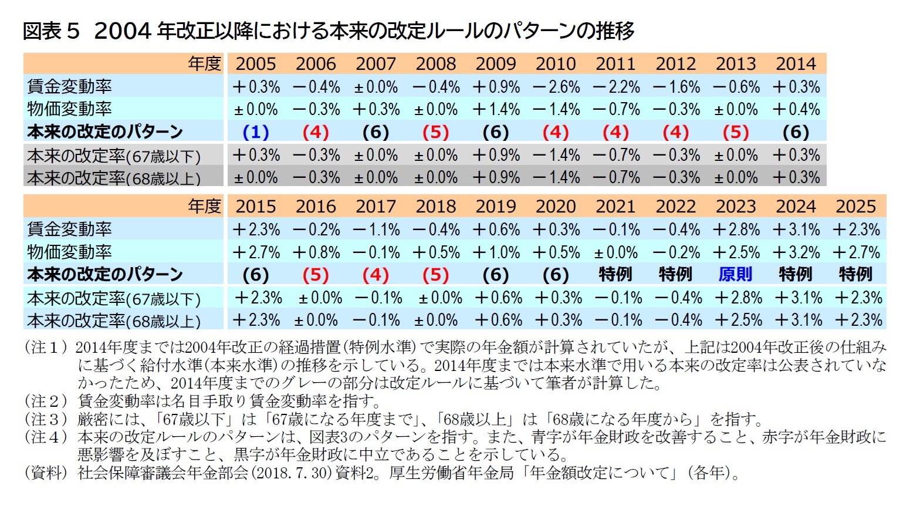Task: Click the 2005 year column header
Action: click(256, 63)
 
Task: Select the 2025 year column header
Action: click(855, 206)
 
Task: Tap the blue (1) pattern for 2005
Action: click(256, 132)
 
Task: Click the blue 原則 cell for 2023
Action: click(735, 275)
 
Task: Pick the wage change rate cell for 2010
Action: click(556, 87)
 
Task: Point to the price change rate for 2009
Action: click(496, 109)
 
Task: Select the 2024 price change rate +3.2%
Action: click(796, 252)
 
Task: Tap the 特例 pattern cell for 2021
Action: click(615, 275)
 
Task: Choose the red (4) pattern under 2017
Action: click(375, 275)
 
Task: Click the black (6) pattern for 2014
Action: click(796, 132)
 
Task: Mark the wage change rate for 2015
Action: click(256, 230)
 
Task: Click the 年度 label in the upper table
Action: click(204, 63)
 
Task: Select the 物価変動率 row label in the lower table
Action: click(69, 252)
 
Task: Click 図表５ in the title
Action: click(50, 31)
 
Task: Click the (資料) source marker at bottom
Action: click(46, 473)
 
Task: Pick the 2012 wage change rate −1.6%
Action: click(676, 87)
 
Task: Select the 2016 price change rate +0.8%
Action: click(316, 252)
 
